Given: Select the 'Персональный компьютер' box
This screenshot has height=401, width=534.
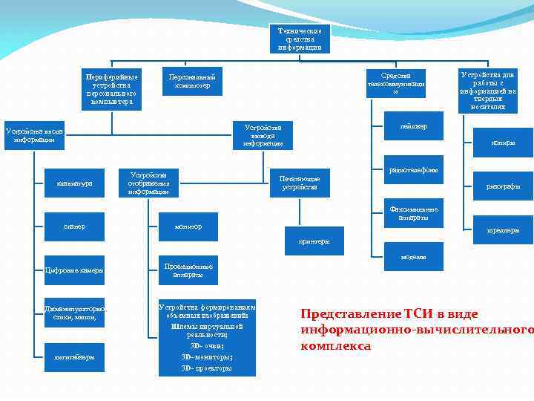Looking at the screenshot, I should (x=193, y=82).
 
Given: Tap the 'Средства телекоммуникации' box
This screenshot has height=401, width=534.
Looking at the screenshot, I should (x=396, y=83).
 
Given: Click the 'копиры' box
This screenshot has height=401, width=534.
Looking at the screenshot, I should (x=503, y=143).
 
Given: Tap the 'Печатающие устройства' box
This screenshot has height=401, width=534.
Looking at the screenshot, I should (x=300, y=183).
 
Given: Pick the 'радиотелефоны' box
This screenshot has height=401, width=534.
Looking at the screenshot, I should (x=414, y=170).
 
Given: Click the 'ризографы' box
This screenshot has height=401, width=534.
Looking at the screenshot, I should (x=503, y=186).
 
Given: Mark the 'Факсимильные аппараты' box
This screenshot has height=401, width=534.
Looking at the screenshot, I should (x=414, y=213).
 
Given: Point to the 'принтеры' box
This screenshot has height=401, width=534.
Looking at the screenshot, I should (x=314, y=241).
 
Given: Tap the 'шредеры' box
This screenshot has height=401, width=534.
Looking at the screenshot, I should (x=503, y=230).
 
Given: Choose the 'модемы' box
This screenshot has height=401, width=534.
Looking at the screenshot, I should (x=414, y=257).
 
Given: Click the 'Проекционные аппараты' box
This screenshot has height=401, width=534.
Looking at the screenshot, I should (x=188, y=270).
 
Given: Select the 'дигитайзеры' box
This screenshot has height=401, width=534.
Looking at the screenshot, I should (x=74, y=356).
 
